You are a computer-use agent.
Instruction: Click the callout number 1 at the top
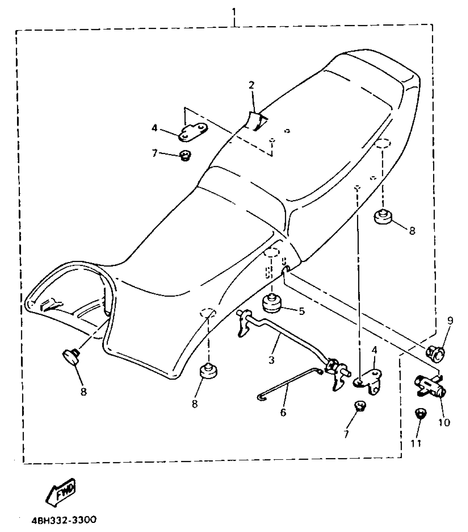(234, 12)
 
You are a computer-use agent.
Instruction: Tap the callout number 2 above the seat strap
(252, 85)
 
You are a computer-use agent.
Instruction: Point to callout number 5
(302, 311)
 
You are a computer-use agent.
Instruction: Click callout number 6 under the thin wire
(283, 412)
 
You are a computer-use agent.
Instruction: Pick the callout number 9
(450, 321)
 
